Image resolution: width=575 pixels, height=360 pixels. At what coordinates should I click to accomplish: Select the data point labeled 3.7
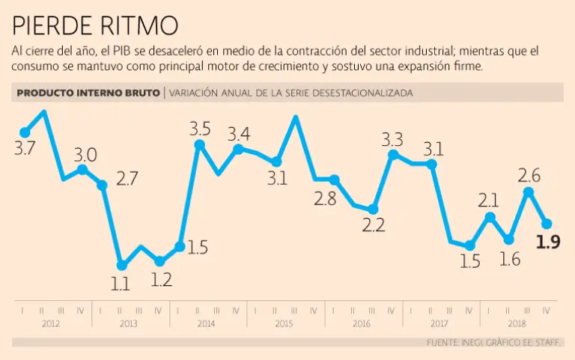pyautogui.click(x=25, y=132)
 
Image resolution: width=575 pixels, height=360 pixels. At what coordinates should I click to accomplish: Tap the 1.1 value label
pyautogui.click(x=121, y=284)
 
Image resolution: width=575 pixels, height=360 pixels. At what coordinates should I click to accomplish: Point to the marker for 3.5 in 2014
pyautogui.click(x=199, y=145)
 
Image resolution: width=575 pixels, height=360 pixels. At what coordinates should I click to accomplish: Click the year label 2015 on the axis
pyautogui.click(x=284, y=324)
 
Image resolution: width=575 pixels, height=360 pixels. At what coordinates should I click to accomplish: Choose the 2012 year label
pyautogui.click(x=52, y=324)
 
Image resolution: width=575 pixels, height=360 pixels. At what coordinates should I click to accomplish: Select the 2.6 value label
pyautogui.click(x=529, y=175)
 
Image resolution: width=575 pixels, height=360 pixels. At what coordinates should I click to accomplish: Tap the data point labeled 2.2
pyautogui.click(x=373, y=210)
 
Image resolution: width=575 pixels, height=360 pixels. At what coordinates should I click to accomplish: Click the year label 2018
pyautogui.click(x=517, y=324)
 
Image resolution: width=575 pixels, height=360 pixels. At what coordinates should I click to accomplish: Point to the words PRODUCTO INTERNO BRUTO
pyautogui.click(x=88, y=93)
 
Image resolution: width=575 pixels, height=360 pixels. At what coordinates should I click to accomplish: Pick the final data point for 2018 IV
pyautogui.click(x=547, y=223)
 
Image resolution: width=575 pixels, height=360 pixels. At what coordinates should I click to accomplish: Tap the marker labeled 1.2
pyautogui.click(x=159, y=261)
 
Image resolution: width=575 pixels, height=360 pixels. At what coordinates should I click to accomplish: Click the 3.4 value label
pyautogui.click(x=239, y=134)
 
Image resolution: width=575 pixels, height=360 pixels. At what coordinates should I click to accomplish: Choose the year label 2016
pyautogui.click(x=362, y=324)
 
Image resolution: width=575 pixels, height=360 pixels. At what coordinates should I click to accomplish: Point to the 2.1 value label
pyautogui.click(x=488, y=199)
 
